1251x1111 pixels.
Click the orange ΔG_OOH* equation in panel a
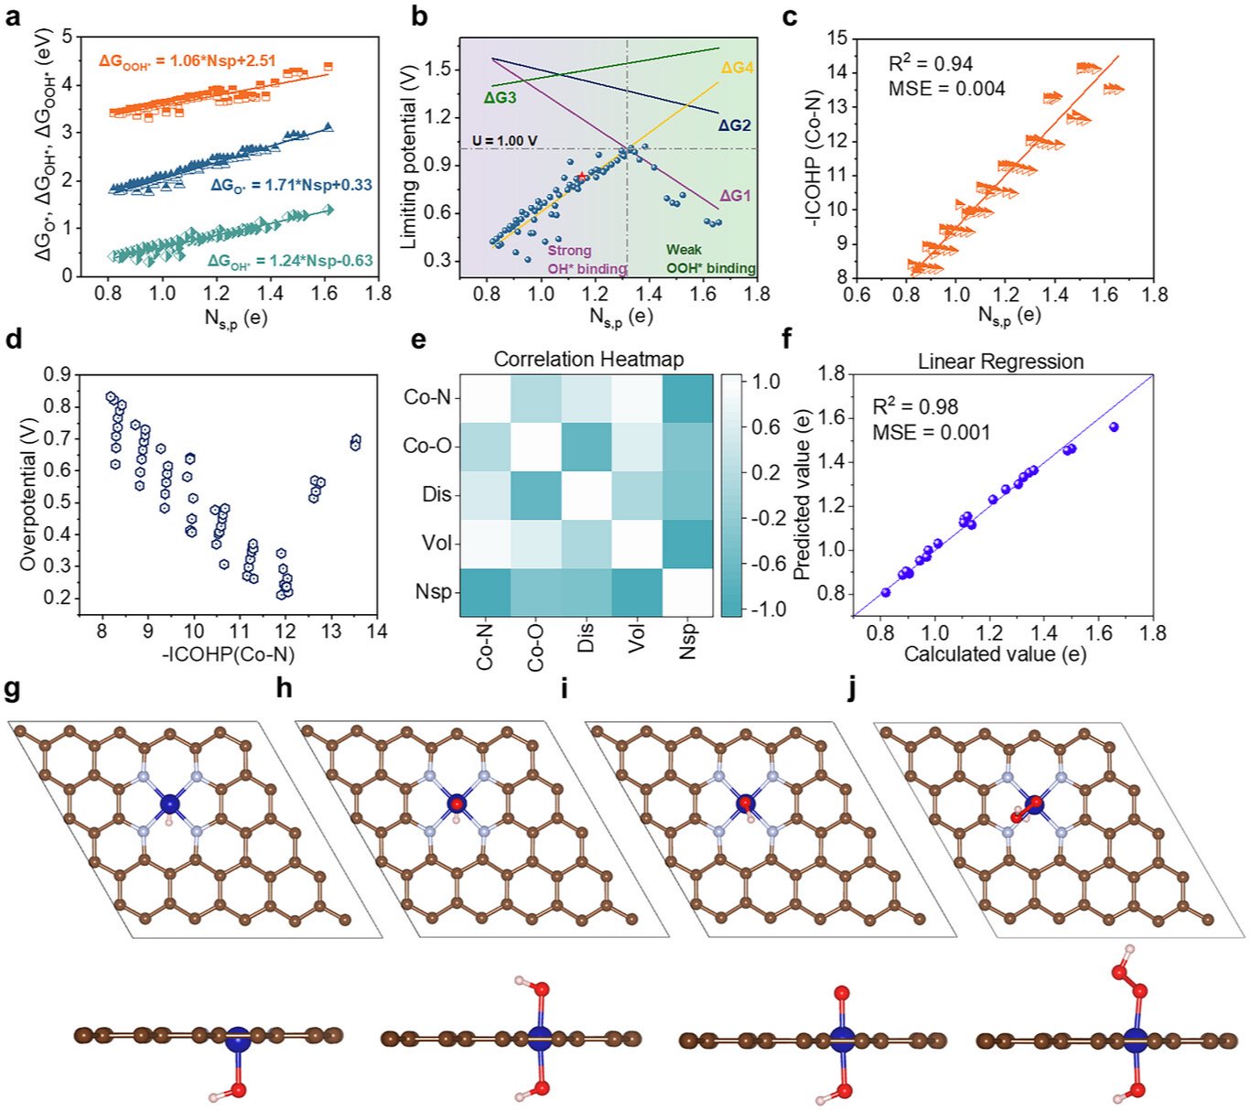(188, 61)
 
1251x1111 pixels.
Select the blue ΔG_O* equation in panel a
(291, 185)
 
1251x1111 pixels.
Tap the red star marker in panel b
(582, 175)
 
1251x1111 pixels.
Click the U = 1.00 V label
(505, 141)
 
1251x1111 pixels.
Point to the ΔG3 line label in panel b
(500, 97)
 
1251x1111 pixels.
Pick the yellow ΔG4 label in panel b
(737, 68)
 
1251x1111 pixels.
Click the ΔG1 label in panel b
(735, 195)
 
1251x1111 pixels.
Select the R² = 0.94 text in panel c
(930, 64)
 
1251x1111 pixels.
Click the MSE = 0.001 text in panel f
(932, 432)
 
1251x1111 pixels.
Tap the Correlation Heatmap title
(588, 360)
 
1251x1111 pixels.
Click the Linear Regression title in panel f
(1000, 361)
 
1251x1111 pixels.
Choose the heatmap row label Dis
(437, 494)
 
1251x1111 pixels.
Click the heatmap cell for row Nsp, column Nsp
(688, 592)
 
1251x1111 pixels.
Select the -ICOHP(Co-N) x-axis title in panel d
(228, 654)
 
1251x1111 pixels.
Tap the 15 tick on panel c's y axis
(836, 38)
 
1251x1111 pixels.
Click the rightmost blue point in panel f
(1114, 426)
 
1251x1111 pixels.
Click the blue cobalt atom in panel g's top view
(169, 804)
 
